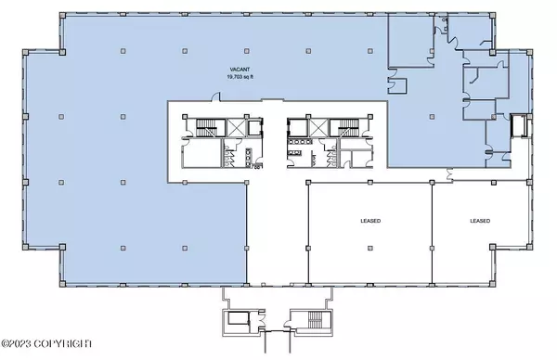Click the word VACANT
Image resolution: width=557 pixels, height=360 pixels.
pyautogui.click(x=240, y=70)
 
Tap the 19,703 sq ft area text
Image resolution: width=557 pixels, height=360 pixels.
pyautogui.click(x=240, y=77)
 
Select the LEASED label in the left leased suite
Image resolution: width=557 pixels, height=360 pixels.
pyautogui.click(x=370, y=221)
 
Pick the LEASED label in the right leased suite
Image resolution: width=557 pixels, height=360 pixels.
pyautogui.click(x=480, y=221)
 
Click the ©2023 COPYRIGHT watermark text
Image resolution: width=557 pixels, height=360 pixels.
pyautogui.click(x=46, y=343)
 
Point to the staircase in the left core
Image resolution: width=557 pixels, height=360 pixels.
pyautogui.click(x=206, y=127)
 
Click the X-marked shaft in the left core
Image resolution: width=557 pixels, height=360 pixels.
pyautogui.click(x=236, y=127)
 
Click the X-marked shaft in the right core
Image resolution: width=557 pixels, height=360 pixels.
pyautogui.click(x=318, y=127)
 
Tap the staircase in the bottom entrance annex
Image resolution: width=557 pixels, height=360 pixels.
pyautogui.click(x=315, y=320)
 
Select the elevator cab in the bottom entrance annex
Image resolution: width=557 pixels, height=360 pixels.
pyautogui.click(x=239, y=318)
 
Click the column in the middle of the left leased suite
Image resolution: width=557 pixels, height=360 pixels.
pyautogui.click(x=370, y=248)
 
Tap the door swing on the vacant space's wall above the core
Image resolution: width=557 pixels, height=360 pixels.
pyautogui.click(x=215, y=96)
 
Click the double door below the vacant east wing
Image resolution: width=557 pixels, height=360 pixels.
pyautogui.click(x=449, y=174)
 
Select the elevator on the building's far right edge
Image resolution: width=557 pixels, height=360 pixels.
pyautogui.click(x=519, y=125)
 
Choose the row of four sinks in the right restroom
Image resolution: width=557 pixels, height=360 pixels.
pyautogui.click(x=301, y=142)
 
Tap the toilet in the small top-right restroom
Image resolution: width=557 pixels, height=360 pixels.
pyautogui.click(x=445, y=20)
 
